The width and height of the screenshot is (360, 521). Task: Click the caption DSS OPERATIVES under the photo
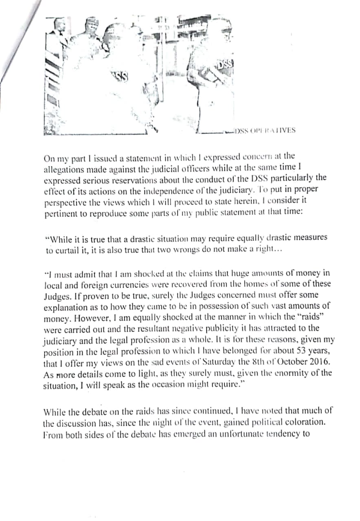266,131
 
